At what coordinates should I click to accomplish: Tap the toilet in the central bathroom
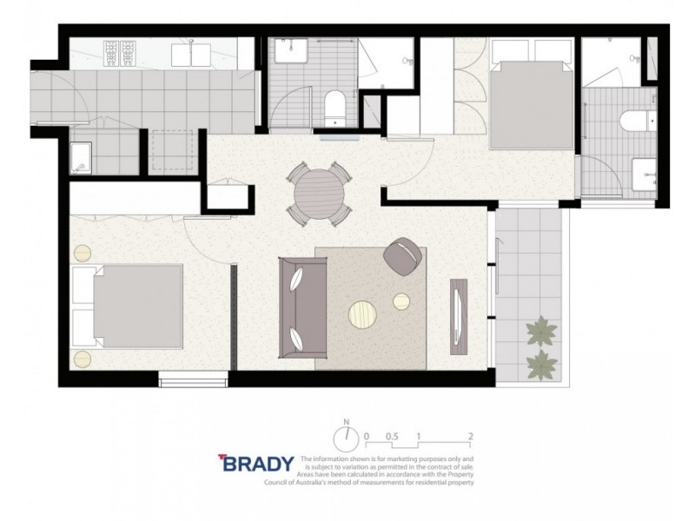point(334,108)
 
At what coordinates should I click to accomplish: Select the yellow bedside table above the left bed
point(83,254)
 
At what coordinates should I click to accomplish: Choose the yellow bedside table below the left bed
point(83,358)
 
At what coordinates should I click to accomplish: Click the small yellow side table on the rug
point(401,301)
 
